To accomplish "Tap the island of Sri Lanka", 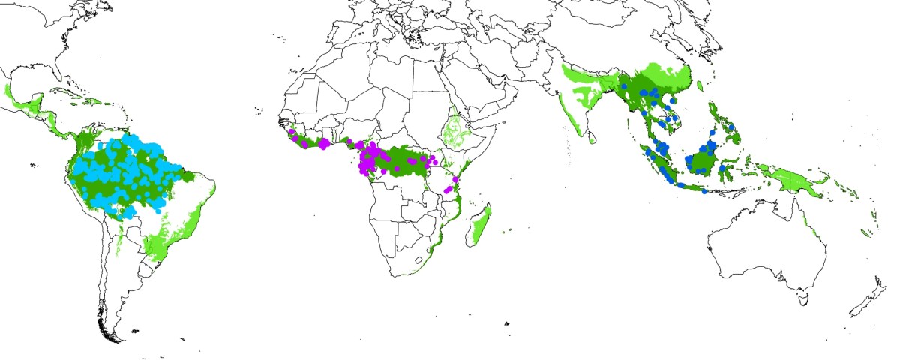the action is tap(592, 137).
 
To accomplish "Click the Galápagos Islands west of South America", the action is tap(33, 165).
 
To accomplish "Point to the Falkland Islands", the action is tap(135, 331).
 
